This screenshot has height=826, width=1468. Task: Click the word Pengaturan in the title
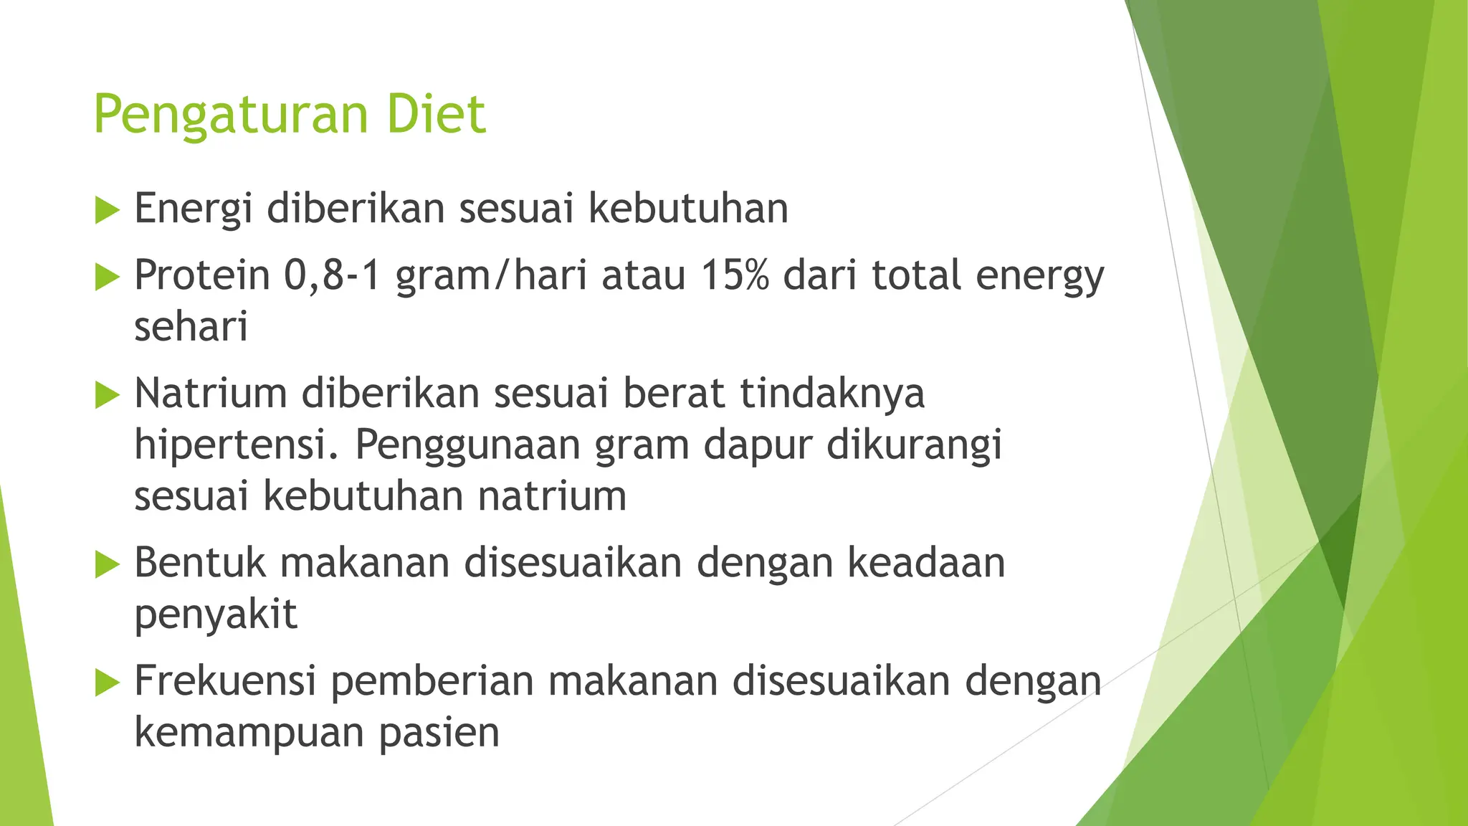[x=232, y=115]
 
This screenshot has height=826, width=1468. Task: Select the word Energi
[x=194, y=209]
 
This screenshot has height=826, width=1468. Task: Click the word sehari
[x=191, y=327]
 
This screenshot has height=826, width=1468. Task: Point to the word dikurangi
[x=914, y=445]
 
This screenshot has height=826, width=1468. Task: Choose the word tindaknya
[x=831, y=393]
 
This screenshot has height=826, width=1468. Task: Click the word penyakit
[x=216, y=614]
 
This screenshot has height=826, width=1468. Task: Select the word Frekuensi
[x=225, y=680]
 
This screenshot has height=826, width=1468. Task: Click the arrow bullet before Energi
[x=107, y=210]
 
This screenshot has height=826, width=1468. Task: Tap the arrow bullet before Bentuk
[x=107, y=564]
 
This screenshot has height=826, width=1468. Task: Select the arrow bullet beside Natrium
[x=107, y=394]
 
